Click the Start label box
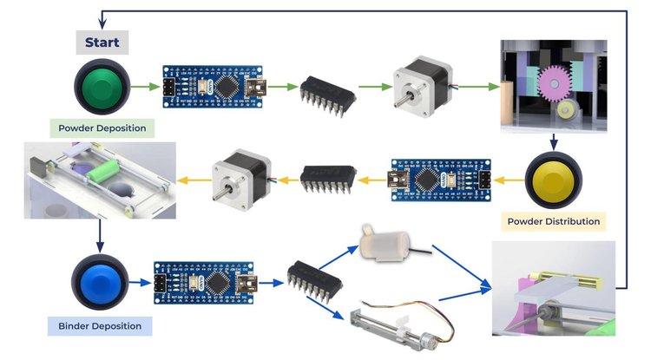click(102, 42)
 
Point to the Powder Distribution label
click(555, 221)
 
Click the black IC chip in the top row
click(326, 92)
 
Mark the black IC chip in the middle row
click(326, 180)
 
